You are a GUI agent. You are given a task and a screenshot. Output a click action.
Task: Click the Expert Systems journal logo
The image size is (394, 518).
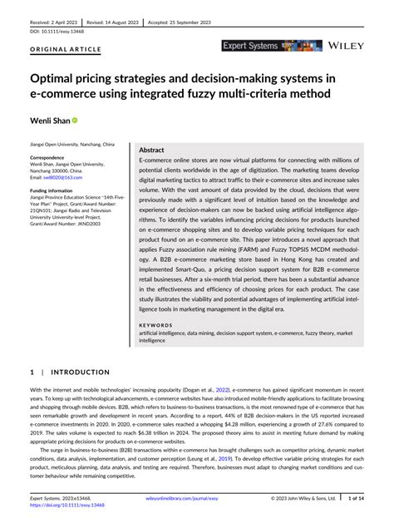point(261,47)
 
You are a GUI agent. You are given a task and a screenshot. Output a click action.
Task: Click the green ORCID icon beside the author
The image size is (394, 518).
point(74,121)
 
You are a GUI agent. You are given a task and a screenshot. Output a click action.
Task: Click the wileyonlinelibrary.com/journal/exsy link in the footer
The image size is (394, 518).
point(181,499)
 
